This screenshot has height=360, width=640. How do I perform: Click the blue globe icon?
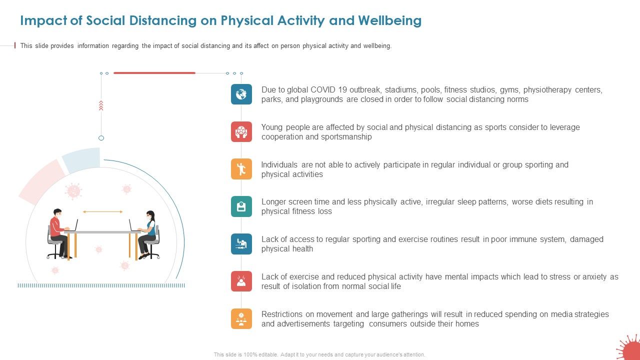[x=241, y=94]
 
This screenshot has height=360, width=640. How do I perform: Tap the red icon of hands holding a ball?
[x=241, y=131]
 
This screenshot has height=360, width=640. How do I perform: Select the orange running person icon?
[x=241, y=169]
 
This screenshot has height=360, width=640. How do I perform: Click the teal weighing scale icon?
[x=241, y=206]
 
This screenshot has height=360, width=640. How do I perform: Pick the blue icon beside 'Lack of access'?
[x=241, y=244]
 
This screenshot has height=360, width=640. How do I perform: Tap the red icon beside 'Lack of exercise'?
[x=241, y=281]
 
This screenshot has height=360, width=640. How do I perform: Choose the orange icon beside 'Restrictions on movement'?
[x=241, y=318]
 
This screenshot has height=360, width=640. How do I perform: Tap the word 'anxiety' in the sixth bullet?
[x=593, y=277]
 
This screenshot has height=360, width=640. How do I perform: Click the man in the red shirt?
[x=58, y=232]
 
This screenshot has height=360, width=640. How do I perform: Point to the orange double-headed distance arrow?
[x=102, y=212]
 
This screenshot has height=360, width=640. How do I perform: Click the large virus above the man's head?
[x=73, y=191]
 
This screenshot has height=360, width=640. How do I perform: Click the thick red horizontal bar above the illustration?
[x=154, y=73]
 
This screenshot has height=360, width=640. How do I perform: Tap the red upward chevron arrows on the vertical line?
[x=101, y=105]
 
